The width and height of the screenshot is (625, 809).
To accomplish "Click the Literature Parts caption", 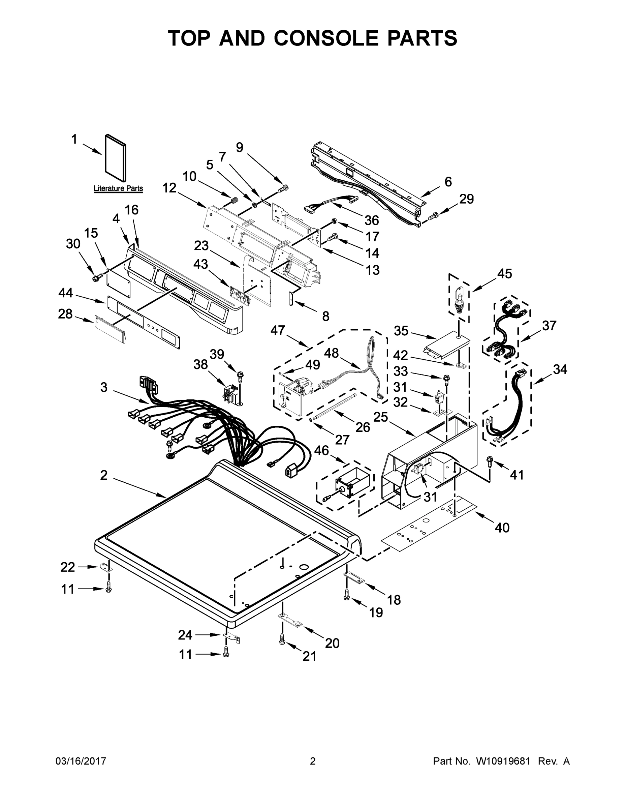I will click(x=118, y=188).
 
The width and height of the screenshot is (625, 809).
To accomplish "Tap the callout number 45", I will click(x=504, y=274).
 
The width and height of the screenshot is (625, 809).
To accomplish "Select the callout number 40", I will click(x=502, y=528).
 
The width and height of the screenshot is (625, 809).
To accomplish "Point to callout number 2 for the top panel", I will click(x=104, y=475).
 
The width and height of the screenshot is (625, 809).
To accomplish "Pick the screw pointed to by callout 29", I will click(x=433, y=215).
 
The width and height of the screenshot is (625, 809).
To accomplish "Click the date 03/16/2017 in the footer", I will click(x=81, y=761).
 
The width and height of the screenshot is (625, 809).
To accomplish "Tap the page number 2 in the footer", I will click(x=313, y=761).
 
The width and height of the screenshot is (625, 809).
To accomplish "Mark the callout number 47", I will click(x=278, y=330).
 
